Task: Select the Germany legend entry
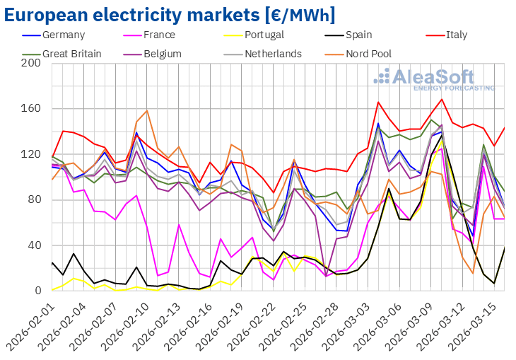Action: [x=62, y=35]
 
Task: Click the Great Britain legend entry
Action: [x=71, y=53]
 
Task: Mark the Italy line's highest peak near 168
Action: [x=442, y=99]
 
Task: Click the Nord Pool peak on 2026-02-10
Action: [x=147, y=110]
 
